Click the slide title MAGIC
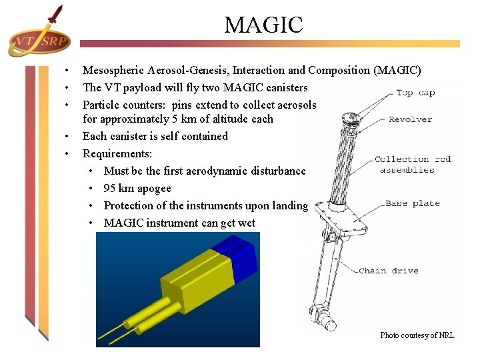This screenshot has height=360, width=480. [263, 25]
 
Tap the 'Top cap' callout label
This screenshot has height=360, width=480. [415, 93]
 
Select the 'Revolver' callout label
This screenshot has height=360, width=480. [411, 119]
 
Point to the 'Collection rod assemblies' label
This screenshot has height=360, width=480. [413, 164]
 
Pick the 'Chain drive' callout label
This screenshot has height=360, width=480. [389, 271]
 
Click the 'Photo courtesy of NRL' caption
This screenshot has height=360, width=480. [417, 335]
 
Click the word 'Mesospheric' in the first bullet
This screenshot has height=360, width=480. [111, 70]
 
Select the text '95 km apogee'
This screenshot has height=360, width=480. [137, 188]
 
